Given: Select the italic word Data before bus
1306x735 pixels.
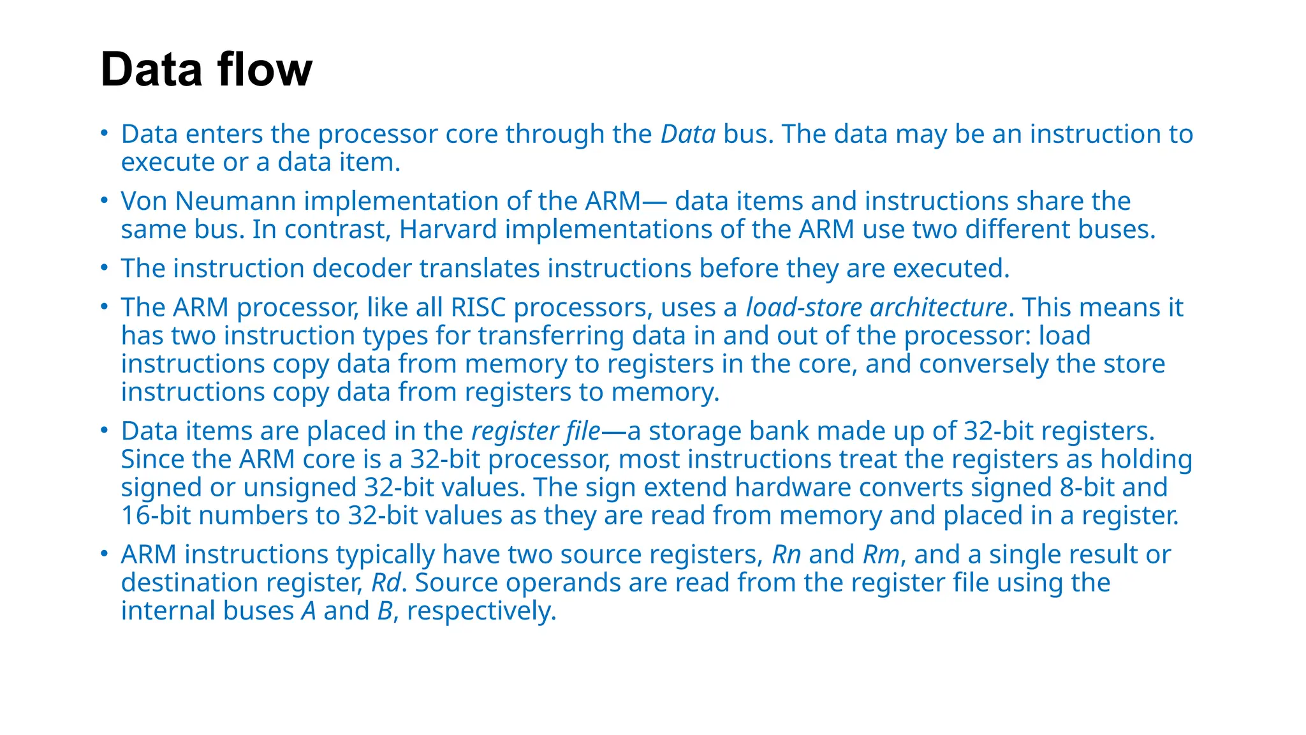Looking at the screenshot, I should point(687,134).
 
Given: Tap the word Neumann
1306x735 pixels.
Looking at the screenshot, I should point(235,201).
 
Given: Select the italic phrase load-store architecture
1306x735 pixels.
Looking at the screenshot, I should point(876,308).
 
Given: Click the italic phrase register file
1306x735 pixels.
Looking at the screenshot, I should point(536,431).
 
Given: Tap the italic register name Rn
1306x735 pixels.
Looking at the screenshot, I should point(786,554).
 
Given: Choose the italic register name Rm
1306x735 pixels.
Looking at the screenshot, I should point(881,554).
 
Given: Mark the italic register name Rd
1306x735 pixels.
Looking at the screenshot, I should point(386,583).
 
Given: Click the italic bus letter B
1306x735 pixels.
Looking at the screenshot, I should point(385,611).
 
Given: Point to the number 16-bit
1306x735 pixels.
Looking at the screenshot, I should point(156,516).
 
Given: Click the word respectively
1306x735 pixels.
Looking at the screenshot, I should point(481,611).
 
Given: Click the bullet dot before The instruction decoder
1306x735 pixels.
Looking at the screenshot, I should point(105,267).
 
